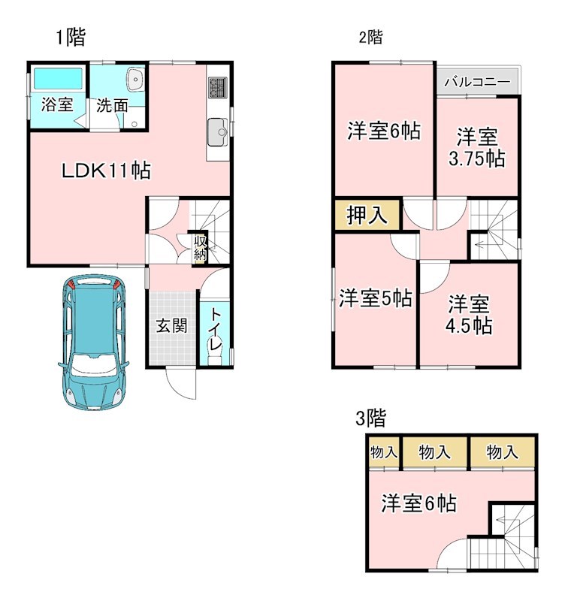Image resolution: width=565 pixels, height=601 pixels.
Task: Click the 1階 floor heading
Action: click(70, 38)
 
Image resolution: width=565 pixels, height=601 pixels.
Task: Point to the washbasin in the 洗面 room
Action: click(135, 78)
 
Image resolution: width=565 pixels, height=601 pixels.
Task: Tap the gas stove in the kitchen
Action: click(217, 89)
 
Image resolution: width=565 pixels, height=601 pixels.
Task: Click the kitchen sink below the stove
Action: click(217, 132)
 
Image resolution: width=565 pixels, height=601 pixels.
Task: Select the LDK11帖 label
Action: click(106, 171)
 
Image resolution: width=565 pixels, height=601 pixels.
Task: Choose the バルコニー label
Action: click(477, 82)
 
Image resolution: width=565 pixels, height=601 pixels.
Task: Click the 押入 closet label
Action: click(367, 216)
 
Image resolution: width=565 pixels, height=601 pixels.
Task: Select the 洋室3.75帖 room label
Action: click(477, 148)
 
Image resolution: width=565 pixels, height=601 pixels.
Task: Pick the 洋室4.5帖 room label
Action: click(470, 315)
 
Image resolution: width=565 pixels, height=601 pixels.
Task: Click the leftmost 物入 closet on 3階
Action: click(383, 452)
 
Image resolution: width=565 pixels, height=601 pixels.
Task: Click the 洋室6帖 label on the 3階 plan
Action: click(418, 503)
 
